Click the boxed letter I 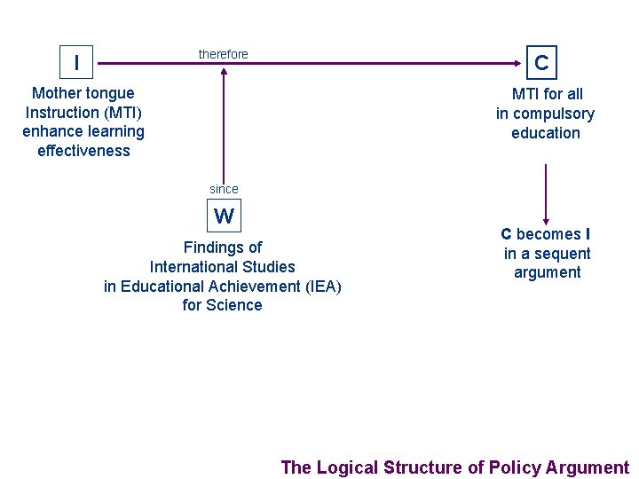click(x=76, y=62)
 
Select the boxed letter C click(x=541, y=63)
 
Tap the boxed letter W click(x=224, y=216)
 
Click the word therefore click(x=224, y=55)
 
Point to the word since click(x=224, y=189)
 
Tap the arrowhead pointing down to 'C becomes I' click(x=546, y=220)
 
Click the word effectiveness click(x=83, y=151)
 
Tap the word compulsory click(x=554, y=114)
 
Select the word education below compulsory click(x=546, y=133)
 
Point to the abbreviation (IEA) click(x=323, y=287)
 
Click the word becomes click(x=548, y=234)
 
